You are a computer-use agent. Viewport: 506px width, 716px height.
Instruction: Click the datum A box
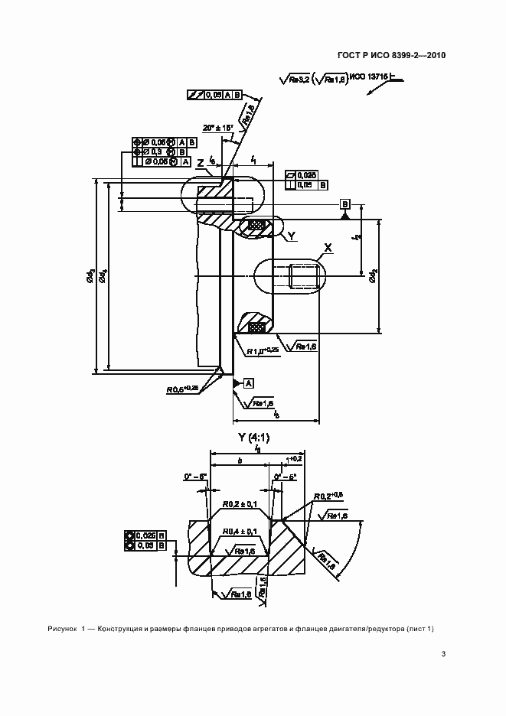(249, 383)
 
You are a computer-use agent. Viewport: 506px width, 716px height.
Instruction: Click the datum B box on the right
(345, 204)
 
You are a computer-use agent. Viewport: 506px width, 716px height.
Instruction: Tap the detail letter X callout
(328, 247)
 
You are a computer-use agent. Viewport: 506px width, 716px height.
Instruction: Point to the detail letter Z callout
(199, 163)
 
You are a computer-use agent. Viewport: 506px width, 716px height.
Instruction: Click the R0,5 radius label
(182, 389)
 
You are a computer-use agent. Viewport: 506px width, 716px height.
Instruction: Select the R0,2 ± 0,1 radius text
(240, 506)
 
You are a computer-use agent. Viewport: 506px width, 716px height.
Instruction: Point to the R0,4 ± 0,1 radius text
(240, 531)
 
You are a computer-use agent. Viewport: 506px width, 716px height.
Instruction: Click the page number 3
(443, 653)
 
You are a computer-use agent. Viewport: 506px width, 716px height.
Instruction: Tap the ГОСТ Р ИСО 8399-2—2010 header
(391, 55)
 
